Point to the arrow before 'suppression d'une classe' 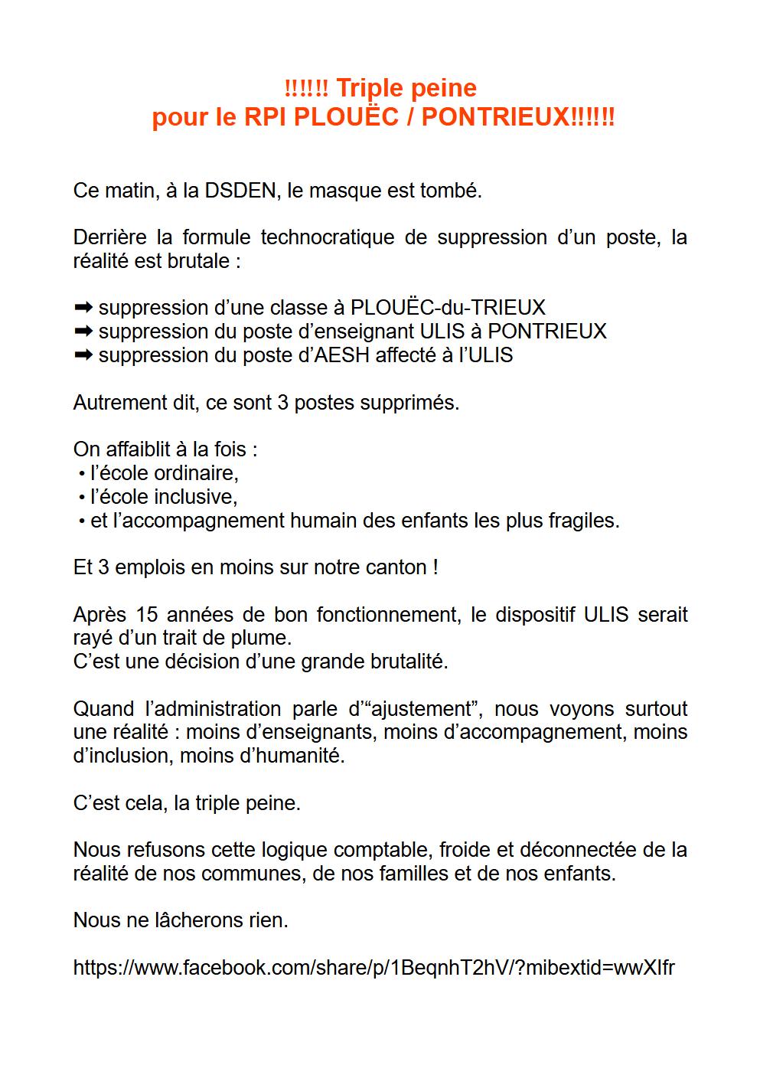[x=83, y=308]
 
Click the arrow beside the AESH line [x=83, y=355]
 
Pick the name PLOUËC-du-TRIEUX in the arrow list [x=448, y=308]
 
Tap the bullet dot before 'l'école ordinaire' [x=81, y=474]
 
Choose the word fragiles [x=582, y=521]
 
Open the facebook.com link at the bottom [x=373, y=968]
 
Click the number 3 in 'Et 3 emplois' [x=103, y=567]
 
